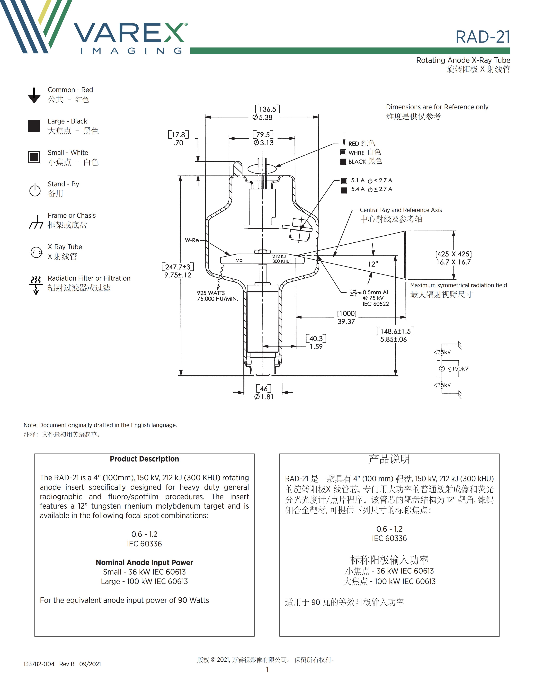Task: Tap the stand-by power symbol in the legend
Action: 35,190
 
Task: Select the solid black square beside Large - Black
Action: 34,126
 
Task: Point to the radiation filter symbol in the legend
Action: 36,285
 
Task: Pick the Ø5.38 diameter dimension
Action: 263,117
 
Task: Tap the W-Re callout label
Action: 192,240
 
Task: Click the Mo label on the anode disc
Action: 239,260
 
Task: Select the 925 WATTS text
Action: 211,293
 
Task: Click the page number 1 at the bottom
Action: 267,669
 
